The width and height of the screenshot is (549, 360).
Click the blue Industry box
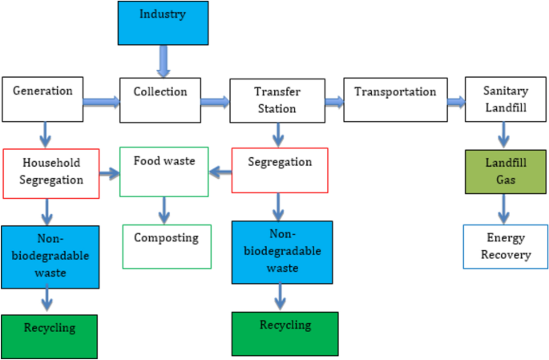163,23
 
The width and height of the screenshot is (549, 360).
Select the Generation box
47,99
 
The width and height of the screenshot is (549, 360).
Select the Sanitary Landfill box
505,99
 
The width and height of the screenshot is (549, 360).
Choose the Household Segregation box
50,172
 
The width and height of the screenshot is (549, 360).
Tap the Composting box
166,246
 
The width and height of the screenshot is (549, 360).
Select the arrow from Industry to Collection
164,60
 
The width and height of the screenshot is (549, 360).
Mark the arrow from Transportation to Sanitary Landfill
455,102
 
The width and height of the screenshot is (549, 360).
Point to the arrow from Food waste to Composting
164,210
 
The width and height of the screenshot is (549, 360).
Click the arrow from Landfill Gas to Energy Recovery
505,209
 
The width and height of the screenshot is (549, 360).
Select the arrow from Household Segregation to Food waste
109,172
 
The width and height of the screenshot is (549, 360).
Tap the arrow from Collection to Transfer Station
214,102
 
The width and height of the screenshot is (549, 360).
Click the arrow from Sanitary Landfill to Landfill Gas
505,135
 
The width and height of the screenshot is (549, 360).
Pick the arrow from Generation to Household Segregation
45,135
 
